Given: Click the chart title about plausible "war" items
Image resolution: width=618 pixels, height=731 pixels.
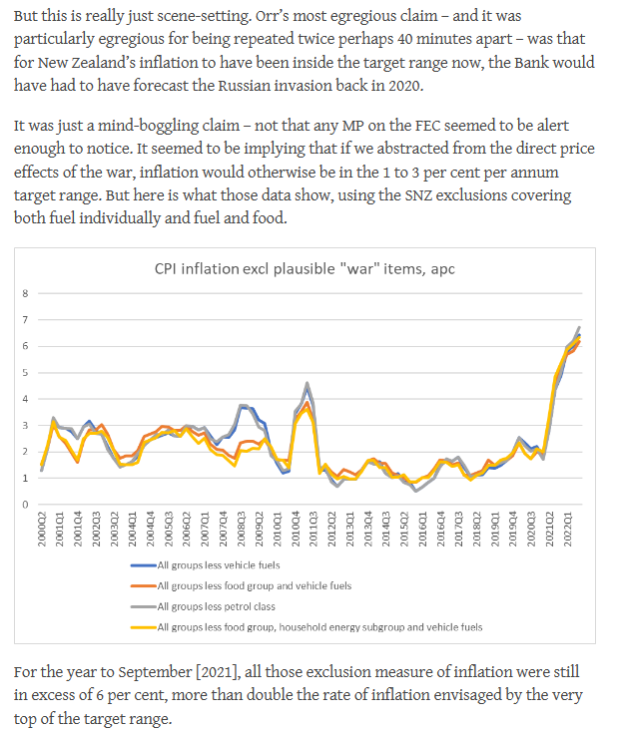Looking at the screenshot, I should (316, 268).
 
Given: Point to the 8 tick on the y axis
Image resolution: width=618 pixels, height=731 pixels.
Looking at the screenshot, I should (27, 293).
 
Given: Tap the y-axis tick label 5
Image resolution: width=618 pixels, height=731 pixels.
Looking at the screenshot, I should (27, 373).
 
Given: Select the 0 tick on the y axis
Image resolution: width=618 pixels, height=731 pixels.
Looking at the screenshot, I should (27, 505).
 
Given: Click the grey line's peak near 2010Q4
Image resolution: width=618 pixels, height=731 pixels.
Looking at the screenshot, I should (308, 383).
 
